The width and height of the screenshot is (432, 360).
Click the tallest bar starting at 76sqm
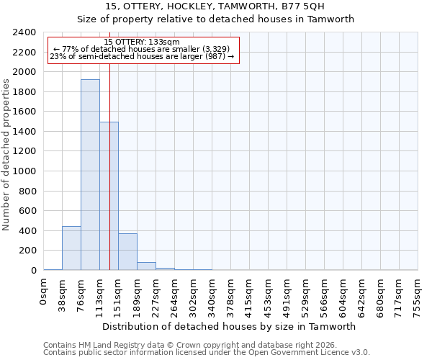pos(90,175)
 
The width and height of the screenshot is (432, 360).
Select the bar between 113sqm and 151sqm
pos(109,196)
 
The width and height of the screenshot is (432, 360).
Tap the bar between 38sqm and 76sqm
pos(71,248)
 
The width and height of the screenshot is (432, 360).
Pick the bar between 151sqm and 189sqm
pos(127,252)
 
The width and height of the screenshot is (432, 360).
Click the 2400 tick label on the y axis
pos(24,32)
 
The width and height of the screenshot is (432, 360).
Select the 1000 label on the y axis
pos(24,171)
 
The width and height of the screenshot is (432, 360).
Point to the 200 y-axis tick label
pos(27,251)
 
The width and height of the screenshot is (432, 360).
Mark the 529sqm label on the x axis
pos(306,294)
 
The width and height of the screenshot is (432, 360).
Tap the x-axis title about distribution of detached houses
pos(230,326)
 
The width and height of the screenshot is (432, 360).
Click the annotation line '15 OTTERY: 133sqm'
pos(142,42)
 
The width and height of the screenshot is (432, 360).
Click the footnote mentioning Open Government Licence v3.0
pos(207,353)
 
